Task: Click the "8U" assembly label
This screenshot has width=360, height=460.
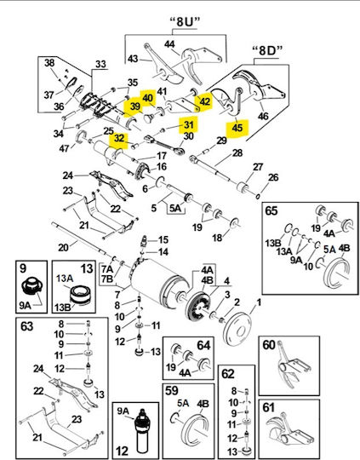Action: [186, 22]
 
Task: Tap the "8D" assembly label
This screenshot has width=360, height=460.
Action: [267, 51]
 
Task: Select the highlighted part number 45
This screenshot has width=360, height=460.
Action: [237, 128]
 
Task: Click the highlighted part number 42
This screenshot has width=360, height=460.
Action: [205, 101]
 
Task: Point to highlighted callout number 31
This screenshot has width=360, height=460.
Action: [188, 124]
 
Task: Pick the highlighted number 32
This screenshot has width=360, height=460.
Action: [119, 138]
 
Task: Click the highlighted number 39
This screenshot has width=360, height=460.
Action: [135, 106]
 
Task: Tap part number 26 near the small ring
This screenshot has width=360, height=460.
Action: [273, 177]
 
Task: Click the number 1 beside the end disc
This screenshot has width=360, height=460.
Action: [259, 302]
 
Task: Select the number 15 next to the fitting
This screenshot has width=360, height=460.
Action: [163, 239]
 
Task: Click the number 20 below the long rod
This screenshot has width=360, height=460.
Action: [63, 248]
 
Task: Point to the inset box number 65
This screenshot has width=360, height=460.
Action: [271, 210]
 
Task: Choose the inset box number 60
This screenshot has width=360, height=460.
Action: [269, 345]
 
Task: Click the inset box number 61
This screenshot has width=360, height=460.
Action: [269, 407]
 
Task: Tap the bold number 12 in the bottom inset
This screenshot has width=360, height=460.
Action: [122, 451]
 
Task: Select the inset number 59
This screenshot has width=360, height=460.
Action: [172, 390]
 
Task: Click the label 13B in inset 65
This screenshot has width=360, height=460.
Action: [273, 243]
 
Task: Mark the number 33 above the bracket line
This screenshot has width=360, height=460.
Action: [100, 64]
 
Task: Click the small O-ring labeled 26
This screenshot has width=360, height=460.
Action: [258, 196]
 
